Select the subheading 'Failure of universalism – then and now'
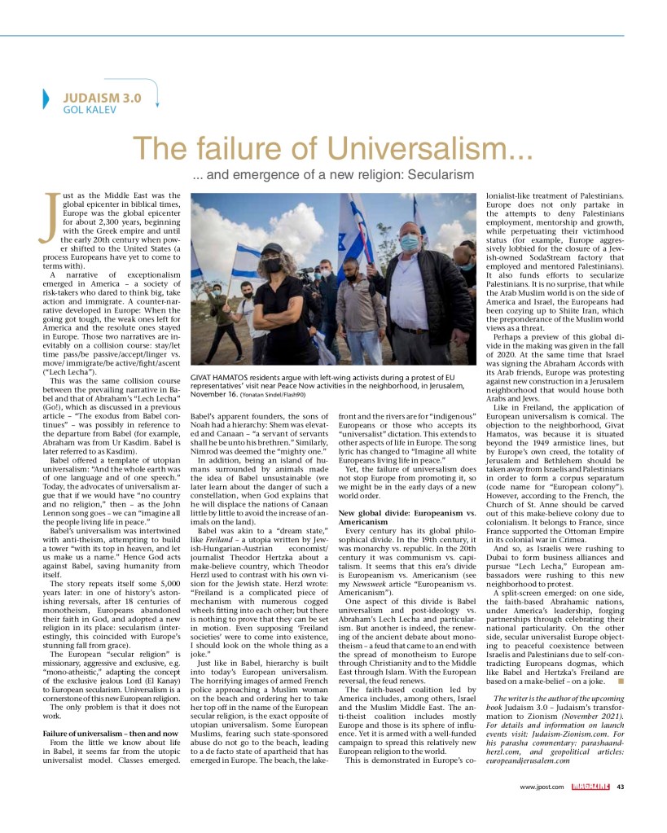pyautogui.click(x=111, y=734)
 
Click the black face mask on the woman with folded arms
pyautogui.click(x=273, y=265)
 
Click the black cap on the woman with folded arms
pyautogui.click(x=272, y=248)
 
